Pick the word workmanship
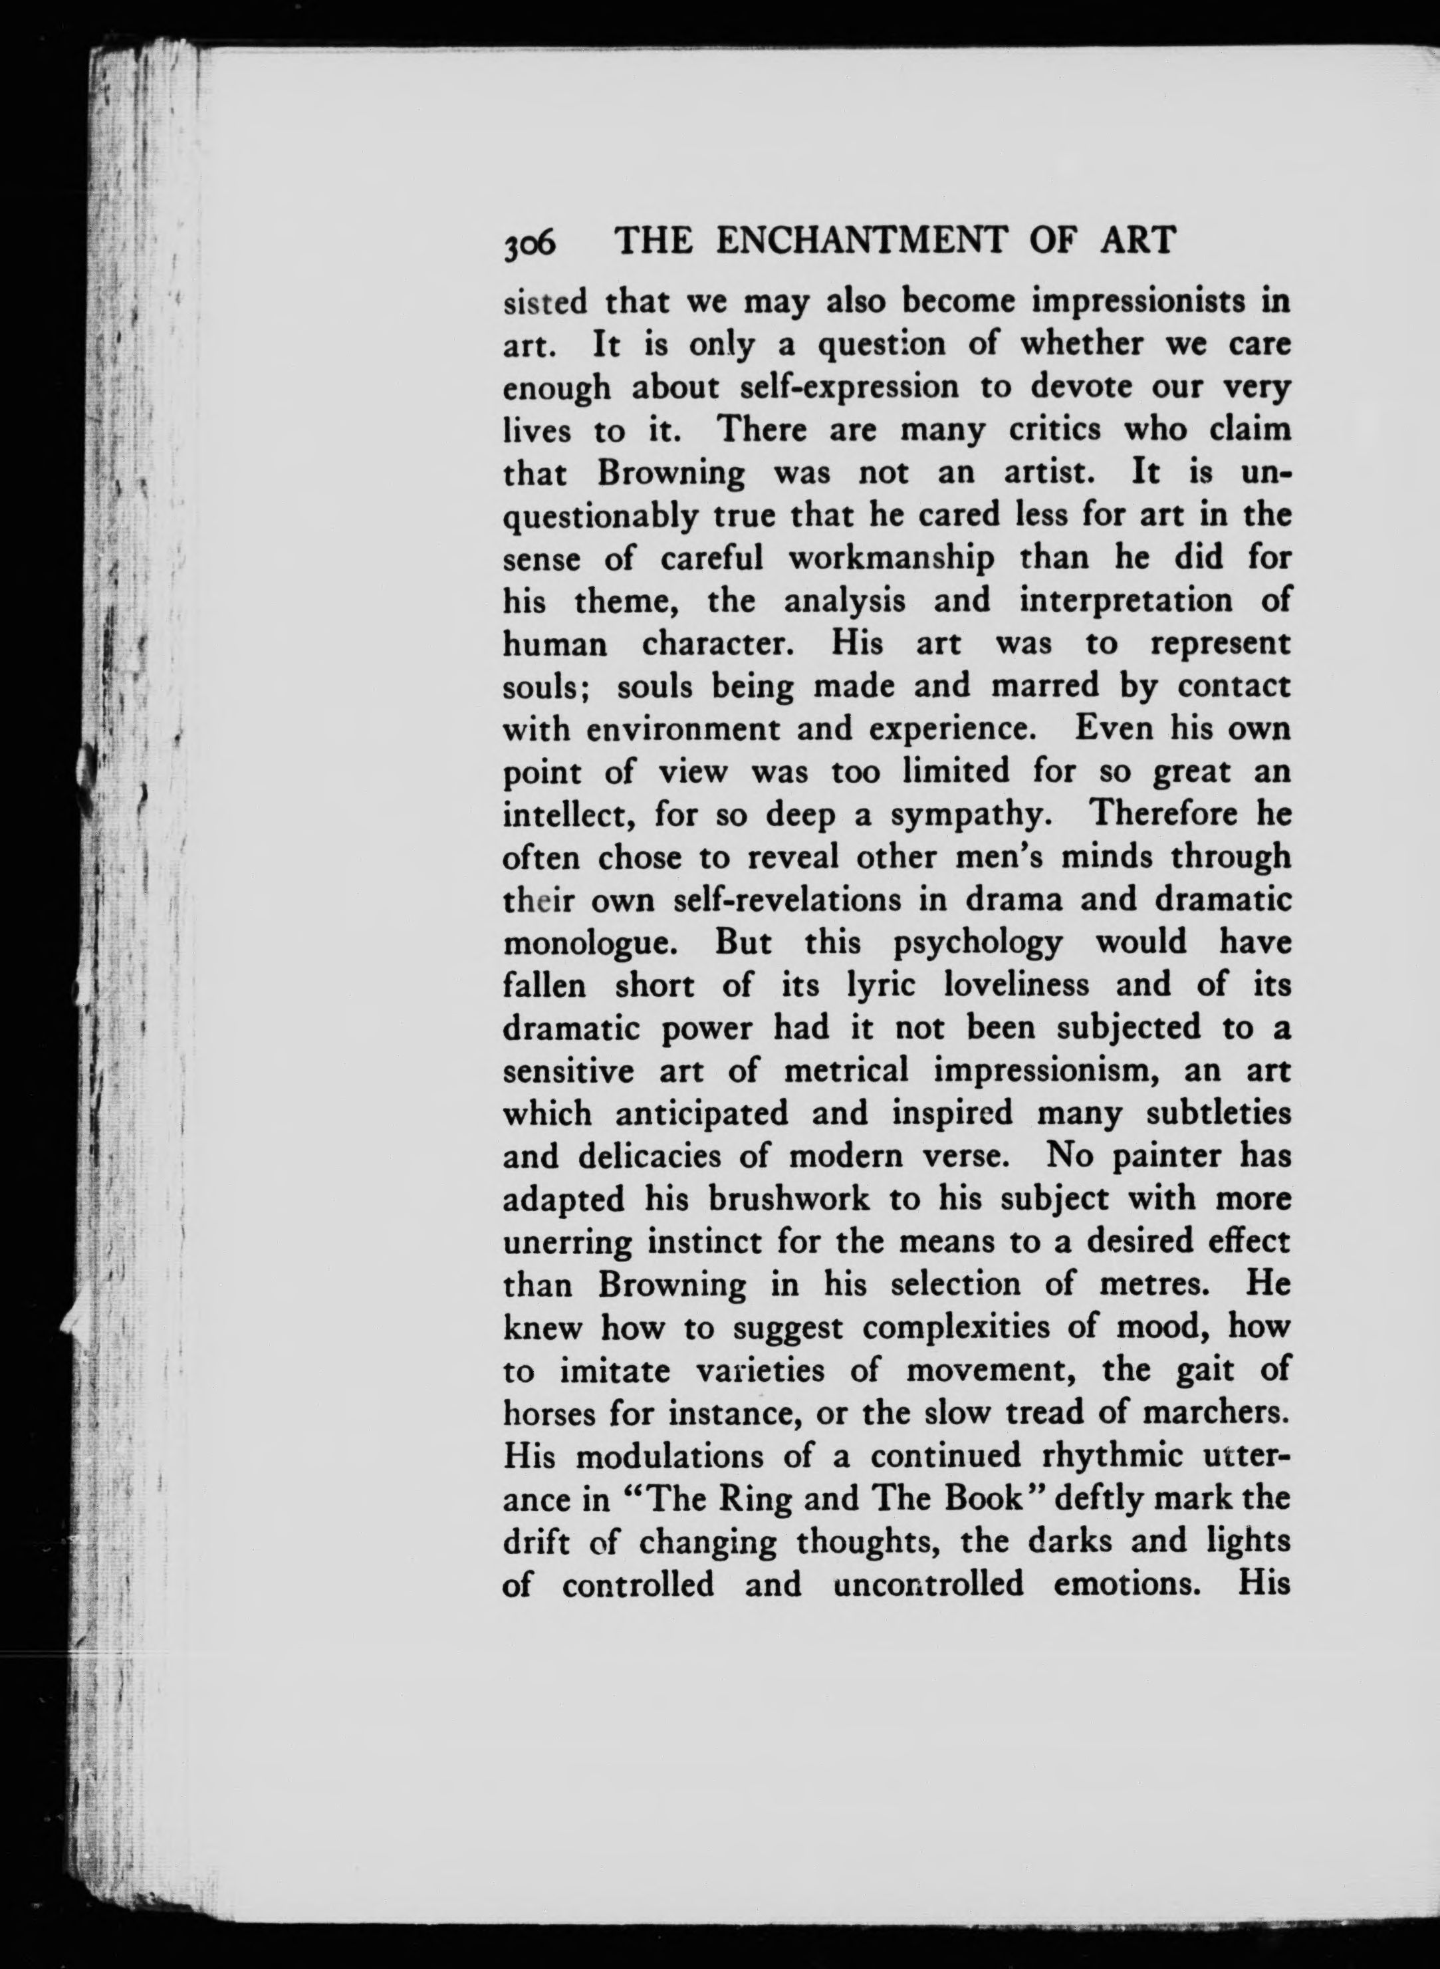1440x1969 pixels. click(890, 559)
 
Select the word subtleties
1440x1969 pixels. click(1218, 1113)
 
